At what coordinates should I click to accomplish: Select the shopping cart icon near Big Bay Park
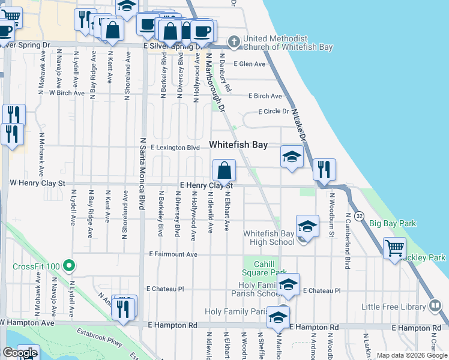394,247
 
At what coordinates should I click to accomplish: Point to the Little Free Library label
393,307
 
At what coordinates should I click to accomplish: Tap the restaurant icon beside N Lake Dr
324,170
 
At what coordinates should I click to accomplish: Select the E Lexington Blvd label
175,147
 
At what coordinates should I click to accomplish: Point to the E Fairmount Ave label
173,254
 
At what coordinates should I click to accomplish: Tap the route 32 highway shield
359,215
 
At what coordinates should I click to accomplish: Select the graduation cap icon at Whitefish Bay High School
307,227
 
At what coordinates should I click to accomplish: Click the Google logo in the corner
20,353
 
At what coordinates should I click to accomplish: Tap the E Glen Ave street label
250,64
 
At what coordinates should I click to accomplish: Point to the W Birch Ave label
67,93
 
